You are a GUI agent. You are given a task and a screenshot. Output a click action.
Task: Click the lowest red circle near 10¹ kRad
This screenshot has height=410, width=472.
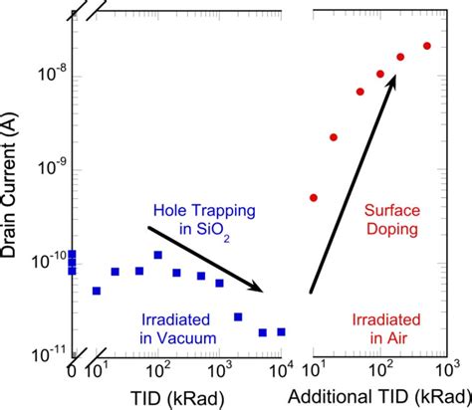coord(314,197)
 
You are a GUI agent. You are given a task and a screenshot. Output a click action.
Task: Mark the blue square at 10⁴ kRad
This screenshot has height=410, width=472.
coord(282,331)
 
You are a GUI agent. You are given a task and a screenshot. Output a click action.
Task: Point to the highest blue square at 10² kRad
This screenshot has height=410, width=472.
coord(157,255)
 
